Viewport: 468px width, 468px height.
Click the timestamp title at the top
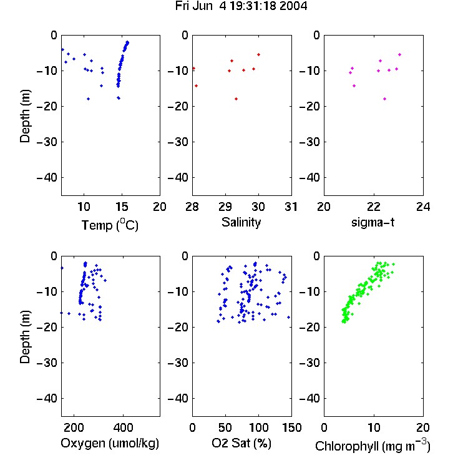coord(241,6)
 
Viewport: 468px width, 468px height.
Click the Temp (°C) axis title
coord(110,225)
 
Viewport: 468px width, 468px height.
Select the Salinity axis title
coord(241,222)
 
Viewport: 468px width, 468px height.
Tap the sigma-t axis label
coord(373,222)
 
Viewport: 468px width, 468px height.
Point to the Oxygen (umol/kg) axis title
coord(110,443)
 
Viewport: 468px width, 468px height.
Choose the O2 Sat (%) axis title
coord(241,443)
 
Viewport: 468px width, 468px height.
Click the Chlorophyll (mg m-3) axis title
coord(373,445)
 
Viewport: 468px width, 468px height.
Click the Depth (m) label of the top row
coord(25,116)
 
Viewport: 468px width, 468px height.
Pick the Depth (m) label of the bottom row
coord(25,337)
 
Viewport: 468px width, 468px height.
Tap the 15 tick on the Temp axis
coord(122,207)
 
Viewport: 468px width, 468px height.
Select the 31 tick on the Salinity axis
coord(291,207)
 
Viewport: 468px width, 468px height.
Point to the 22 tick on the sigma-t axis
coord(373,207)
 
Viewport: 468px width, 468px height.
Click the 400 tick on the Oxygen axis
coord(123,427)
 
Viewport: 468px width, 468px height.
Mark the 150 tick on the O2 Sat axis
coord(291,427)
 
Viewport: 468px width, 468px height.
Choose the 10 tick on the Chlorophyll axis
coord(373,427)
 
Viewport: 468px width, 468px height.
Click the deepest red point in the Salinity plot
coord(236,99)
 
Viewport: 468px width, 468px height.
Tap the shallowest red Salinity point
coord(258,55)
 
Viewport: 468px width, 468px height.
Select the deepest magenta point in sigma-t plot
coord(385,99)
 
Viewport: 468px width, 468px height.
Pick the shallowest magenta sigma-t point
coord(399,55)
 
